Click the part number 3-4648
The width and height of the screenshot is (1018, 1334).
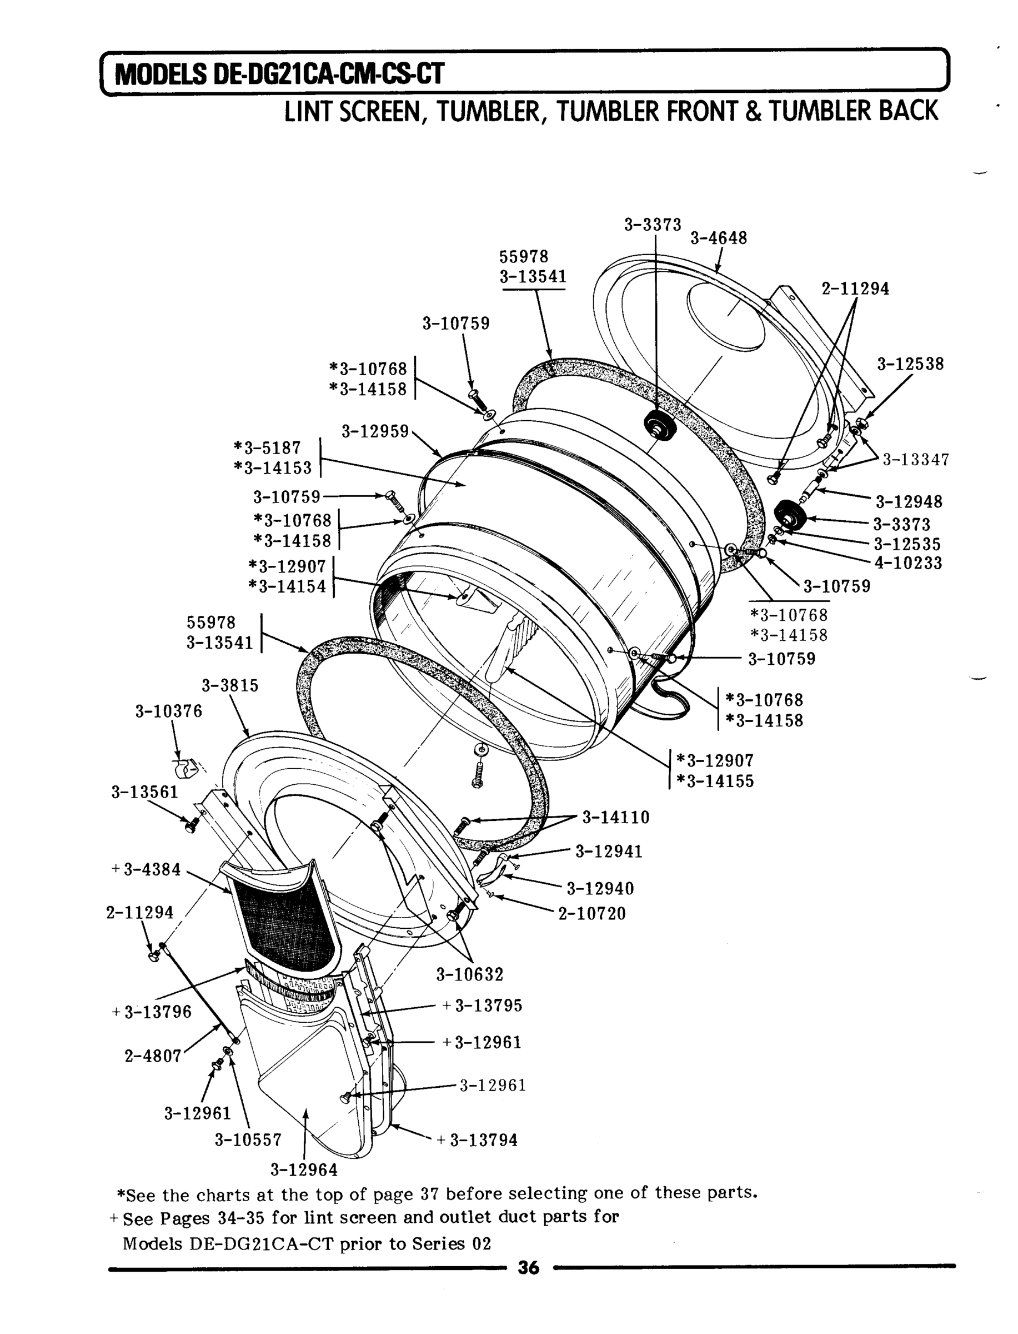[718, 238]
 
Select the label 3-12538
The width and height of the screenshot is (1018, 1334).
[910, 364]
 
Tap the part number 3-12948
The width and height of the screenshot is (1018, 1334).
[909, 502]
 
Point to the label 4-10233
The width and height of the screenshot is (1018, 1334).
[907, 563]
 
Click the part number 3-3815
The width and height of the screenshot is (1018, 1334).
[230, 685]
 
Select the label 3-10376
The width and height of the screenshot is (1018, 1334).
[168, 711]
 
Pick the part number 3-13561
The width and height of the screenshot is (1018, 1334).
[145, 792]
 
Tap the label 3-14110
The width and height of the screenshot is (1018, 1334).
[616, 818]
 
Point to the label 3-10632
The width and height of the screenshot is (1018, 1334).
[470, 974]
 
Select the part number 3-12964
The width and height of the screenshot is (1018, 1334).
[304, 1169]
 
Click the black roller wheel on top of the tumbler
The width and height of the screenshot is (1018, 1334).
[659, 423]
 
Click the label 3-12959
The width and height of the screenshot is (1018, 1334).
[375, 431]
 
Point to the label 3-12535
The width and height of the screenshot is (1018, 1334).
[906, 544]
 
